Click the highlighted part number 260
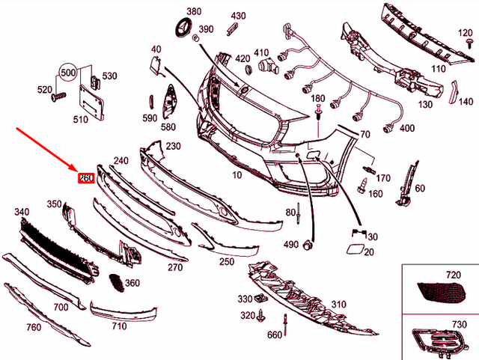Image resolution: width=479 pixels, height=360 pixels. [85, 179]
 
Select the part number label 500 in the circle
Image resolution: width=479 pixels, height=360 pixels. [68, 73]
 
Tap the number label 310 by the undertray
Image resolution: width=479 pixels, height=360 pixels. [338, 305]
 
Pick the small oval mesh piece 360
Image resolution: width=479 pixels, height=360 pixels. [115, 282]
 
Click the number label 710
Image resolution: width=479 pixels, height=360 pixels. [118, 326]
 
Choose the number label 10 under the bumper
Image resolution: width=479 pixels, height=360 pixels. [237, 174]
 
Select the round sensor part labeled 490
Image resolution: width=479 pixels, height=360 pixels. [306, 245]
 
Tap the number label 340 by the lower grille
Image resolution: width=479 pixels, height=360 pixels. [22, 213]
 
